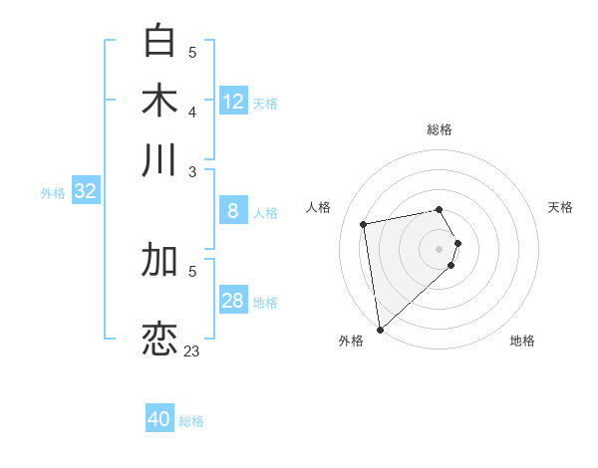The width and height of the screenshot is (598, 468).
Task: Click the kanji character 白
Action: click(x=159, y=41)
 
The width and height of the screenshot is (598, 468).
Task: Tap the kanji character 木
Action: click(x=159, y=101)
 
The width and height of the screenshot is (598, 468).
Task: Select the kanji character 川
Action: click(x=159, y=159)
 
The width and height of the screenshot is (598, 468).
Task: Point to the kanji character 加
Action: click(x=159, y=260)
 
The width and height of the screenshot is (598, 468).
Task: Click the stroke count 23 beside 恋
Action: click(x=192, y=351)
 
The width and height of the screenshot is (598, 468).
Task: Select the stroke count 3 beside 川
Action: click(x=192, y=171)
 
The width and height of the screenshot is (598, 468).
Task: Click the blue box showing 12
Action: click(x=233, y=101)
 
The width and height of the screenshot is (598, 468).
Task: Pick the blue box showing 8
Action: click(x=233, y=210)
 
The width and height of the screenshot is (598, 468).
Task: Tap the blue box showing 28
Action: click(x=233, y=301)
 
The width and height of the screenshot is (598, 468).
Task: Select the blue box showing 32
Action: click(x=86, y=191)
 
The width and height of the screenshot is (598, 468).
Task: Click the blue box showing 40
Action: click(x=159, y=419)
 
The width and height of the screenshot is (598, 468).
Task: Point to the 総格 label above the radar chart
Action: click(x=440, y=129)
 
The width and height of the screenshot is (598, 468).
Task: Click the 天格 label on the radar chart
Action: click(x=560, y=207)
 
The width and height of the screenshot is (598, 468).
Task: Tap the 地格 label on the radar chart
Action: click(x=522, y=341)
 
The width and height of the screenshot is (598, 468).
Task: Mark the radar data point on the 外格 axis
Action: click(x=380, y=329)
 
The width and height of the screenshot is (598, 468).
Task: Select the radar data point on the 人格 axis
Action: click(x=364, y=223)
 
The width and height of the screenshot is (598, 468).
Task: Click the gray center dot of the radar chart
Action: click(x=440, y=248)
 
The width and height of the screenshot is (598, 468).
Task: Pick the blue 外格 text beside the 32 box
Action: click(x=53, y=193)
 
